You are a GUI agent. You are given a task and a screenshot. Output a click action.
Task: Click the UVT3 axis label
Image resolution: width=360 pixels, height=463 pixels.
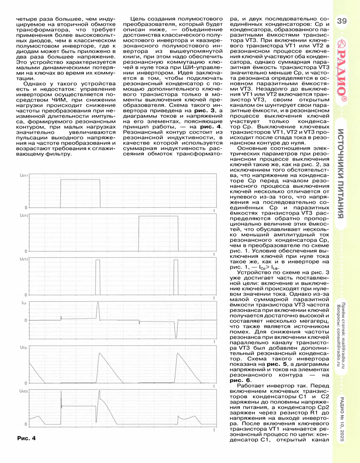point(24,259)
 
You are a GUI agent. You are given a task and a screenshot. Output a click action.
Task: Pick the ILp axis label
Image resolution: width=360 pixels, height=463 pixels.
point(24,302)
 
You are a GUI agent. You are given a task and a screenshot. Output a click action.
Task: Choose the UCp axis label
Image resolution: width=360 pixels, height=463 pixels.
point(24,347)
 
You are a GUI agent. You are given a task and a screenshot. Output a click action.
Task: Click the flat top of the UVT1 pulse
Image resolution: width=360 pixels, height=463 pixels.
point(80,180)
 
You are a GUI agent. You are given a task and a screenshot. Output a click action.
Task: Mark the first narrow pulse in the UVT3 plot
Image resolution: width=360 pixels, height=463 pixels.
point(97,277)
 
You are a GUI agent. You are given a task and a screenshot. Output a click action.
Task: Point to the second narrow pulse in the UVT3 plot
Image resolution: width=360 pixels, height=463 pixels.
point(176,277)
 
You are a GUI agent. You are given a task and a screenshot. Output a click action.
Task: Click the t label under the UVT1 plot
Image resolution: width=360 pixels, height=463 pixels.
point(214,211)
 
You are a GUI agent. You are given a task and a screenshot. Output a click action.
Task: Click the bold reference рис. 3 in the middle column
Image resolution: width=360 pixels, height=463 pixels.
point(201,111)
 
